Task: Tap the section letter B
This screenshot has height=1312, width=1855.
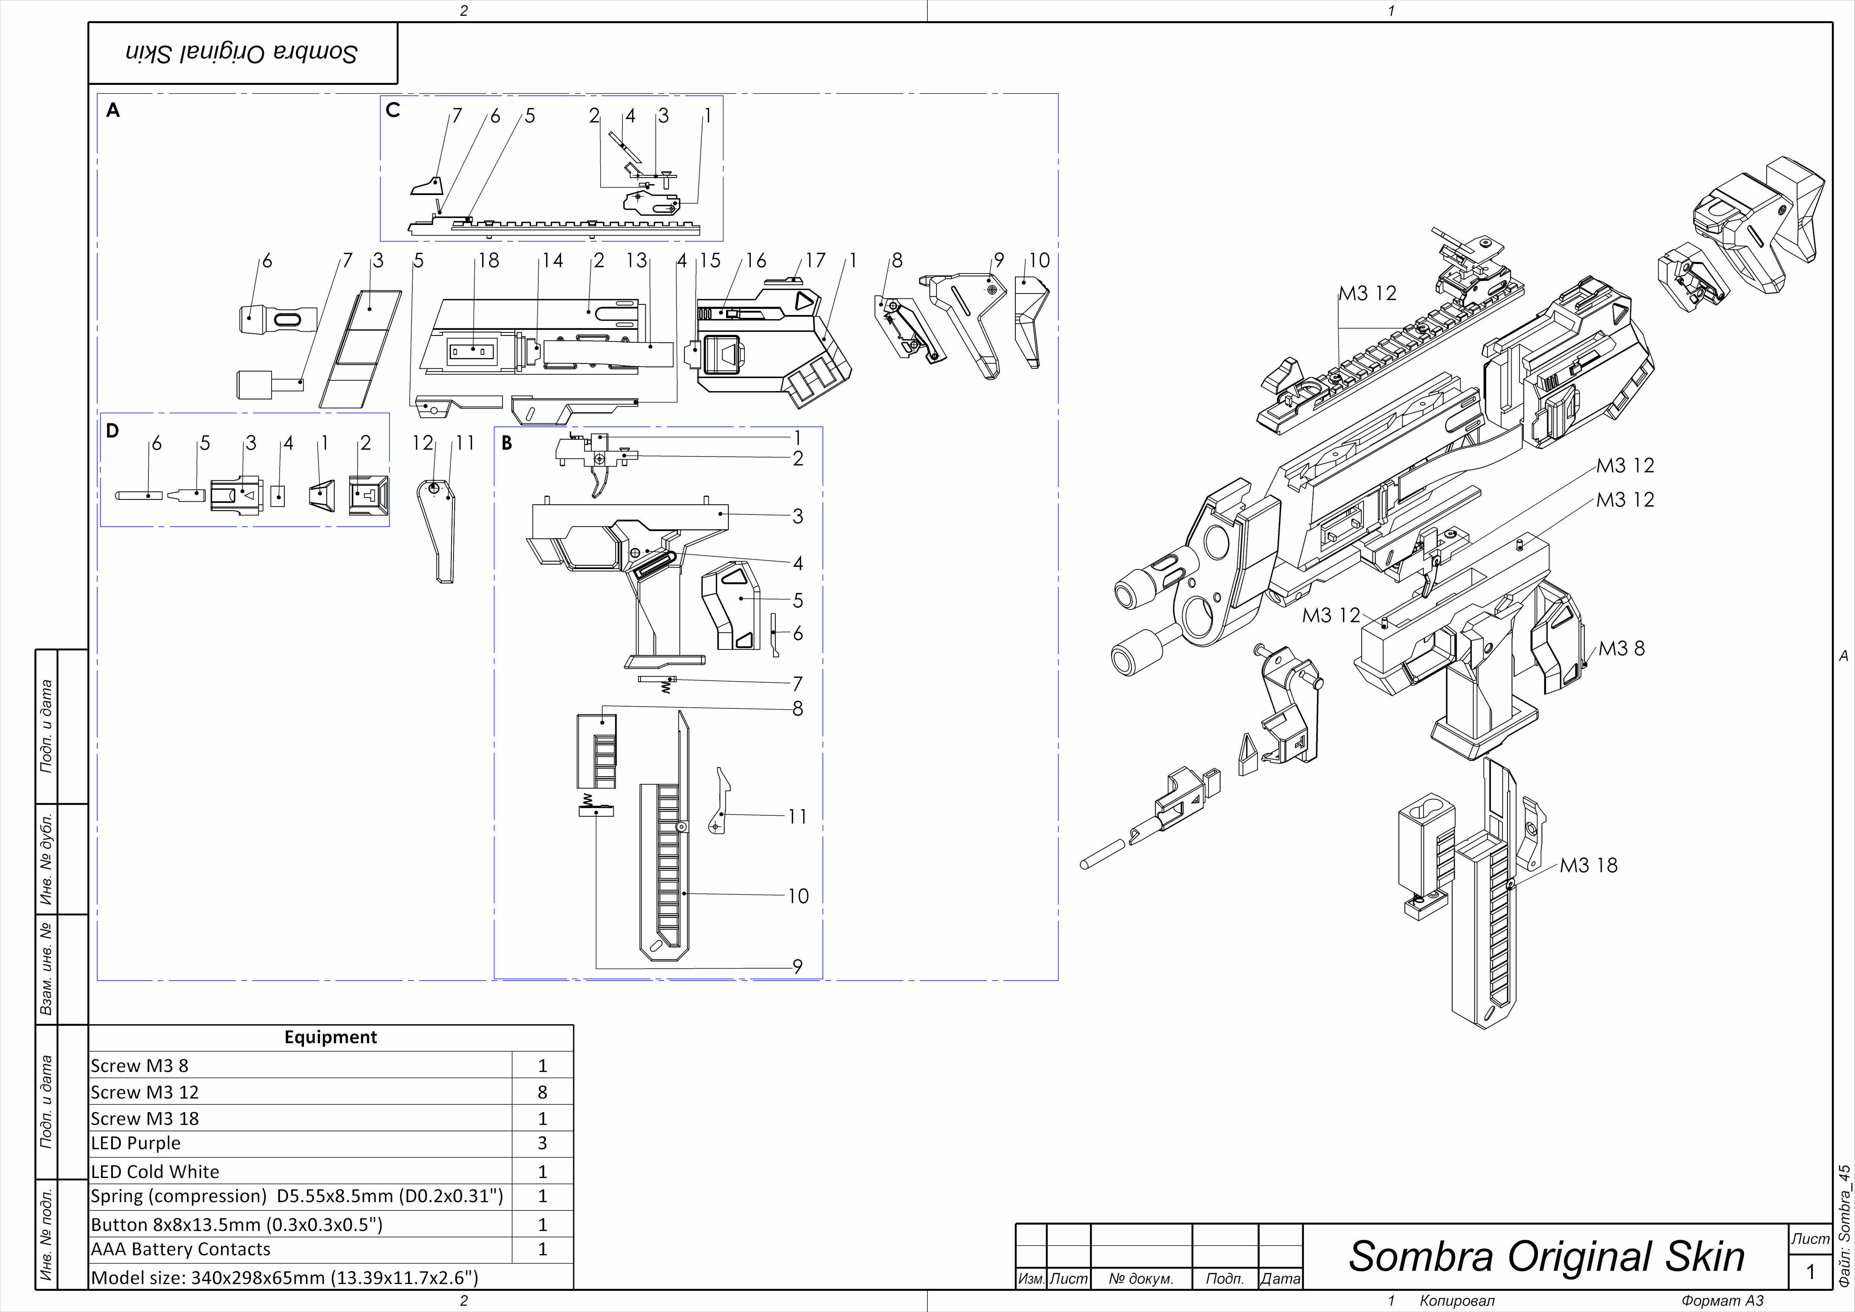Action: coord(507,443)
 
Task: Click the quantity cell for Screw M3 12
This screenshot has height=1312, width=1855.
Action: coord(542,1092)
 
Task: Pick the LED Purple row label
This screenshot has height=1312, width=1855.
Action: coord(136,1143)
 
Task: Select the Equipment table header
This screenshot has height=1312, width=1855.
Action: coord(330,1037)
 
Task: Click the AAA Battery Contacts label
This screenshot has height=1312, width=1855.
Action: coord(180,1249)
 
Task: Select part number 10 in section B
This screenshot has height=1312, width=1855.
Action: coord(798,896)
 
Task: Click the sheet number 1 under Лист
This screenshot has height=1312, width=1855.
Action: coord(1810,1271)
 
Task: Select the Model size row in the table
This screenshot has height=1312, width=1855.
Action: coord(284,1277)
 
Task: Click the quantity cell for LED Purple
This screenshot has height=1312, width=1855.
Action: coord(542,1143)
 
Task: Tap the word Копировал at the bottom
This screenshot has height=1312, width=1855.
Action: coord(1457,1301)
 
